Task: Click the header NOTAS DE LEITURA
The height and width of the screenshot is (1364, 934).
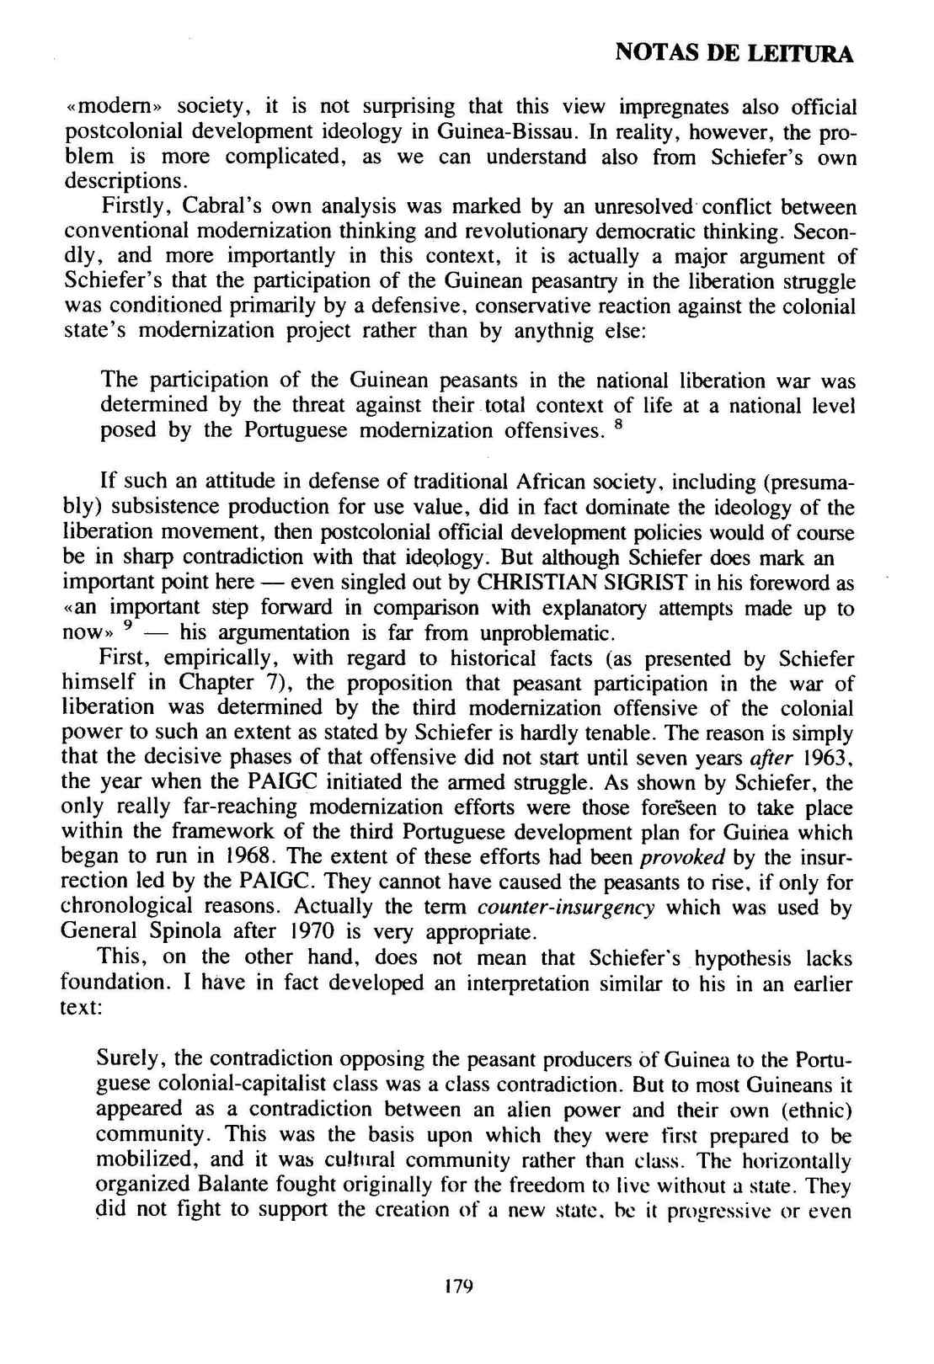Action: point(734,55)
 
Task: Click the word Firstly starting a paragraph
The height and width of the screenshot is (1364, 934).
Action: point(127,206)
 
